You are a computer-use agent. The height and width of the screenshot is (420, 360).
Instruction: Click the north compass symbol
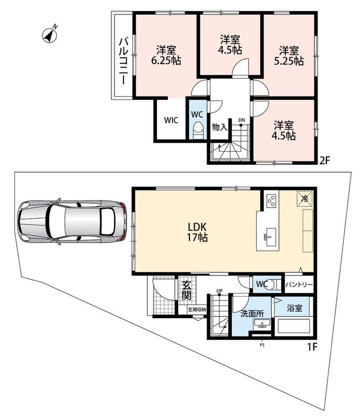[x=50, y=35]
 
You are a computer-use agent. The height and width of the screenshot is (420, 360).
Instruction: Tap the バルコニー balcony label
[x=123, y=61]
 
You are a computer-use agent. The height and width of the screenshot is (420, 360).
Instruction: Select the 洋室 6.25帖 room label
[x=166, y=56]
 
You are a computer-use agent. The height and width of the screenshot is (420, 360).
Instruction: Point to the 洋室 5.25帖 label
[x=289, y=56]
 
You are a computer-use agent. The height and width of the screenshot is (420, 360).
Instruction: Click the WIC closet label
[x=171, y=120]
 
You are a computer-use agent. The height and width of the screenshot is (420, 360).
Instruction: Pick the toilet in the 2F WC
[x=198, y=130]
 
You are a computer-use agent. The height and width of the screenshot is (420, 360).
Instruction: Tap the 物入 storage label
[x=219, y=127]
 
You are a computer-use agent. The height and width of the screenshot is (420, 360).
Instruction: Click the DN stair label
[x=242, y=120]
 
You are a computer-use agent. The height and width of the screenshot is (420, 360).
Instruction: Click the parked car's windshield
[x=57, y=221]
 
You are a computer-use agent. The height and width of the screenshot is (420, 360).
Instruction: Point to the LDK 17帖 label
[x=197, y=232]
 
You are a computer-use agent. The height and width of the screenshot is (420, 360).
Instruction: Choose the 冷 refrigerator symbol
[x=304, y=198]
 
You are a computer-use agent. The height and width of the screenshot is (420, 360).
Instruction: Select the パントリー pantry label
[x=299, y=284]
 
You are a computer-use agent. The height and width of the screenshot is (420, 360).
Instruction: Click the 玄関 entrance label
[x=186, y=290]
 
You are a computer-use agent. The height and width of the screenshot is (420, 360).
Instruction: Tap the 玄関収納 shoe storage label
[x=197, y=310]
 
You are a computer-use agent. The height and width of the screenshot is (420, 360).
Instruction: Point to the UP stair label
[x=219, y=291]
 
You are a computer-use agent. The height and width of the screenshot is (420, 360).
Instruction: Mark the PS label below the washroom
[x=262, y=345]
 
